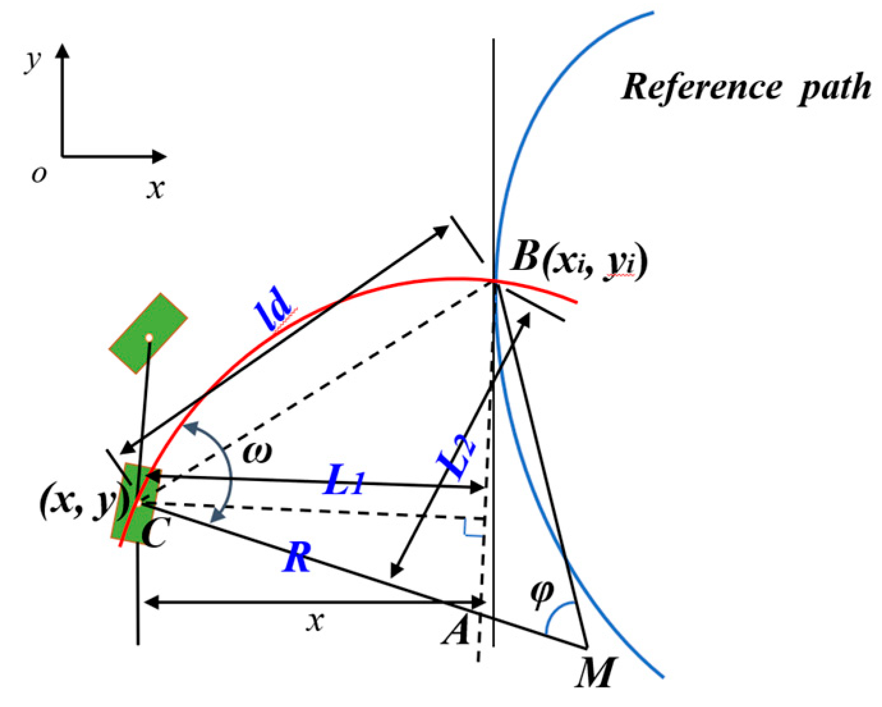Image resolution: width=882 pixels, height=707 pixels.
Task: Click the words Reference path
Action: pos(746,86)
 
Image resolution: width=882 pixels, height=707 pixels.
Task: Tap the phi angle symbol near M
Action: pos(541,593)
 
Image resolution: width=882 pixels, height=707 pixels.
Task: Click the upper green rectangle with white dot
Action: pos(148,333)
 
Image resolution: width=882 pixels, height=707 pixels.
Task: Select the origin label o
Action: pos(39,174)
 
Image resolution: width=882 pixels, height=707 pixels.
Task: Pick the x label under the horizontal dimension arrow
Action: pos(313,620)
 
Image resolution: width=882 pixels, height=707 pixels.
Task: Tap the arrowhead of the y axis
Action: pos(62,50)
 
